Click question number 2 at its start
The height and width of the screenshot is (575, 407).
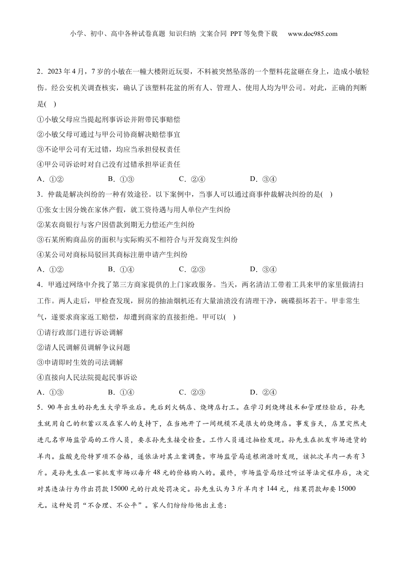click(x=39, y=71)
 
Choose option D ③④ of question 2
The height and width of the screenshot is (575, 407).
click(x=263, y=179)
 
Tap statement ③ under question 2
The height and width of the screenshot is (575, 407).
click(x=109, y=149)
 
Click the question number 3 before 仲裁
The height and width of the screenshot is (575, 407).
click(x=39, y=194)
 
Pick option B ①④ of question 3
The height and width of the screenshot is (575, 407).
click(x=121, y=269)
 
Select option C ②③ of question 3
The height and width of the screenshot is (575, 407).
click(x=192, y=269)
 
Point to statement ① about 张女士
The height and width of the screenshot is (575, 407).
click(x=134, y=209)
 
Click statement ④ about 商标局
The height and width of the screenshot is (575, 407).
click(x=112, y=254)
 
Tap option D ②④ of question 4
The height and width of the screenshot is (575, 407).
click(x=263, y=392)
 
